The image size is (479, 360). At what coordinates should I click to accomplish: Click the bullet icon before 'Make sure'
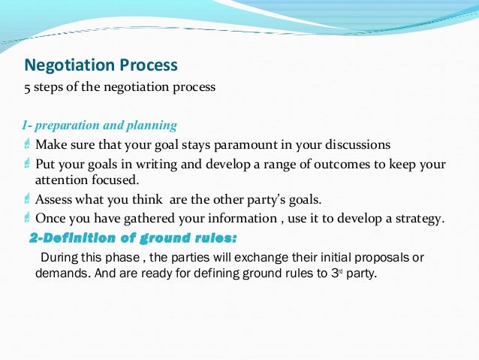27,144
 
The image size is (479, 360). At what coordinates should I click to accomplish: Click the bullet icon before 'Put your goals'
27,164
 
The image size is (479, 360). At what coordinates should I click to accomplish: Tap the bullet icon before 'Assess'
27,200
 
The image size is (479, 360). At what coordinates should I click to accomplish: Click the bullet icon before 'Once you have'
27,219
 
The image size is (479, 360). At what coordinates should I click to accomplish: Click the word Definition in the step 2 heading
85,239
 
